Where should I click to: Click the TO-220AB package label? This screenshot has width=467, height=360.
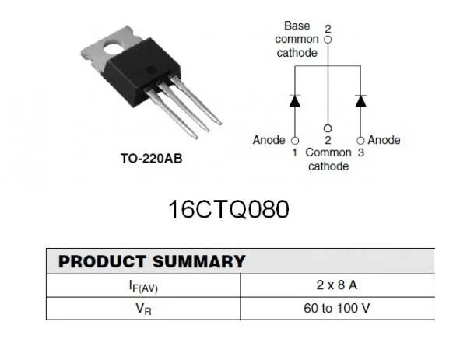click(151, 159)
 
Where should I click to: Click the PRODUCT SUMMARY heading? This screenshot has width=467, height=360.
click(152, 261)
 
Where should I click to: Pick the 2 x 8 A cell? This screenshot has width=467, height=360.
click(336, 285)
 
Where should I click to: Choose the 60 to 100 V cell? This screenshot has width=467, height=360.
click(336, 309)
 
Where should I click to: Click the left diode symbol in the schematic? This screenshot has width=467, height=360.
click(294, 101)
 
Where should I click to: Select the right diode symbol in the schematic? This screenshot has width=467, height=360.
click(360, 101)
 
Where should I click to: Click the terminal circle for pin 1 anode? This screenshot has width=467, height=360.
click(294, 140)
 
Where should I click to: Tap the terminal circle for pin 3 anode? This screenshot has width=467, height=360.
click(360, 140)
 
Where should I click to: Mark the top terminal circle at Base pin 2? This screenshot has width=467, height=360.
click(328, 38)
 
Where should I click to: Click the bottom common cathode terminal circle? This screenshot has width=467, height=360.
click(328, 128)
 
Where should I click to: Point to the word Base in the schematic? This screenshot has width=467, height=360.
click(297, 26)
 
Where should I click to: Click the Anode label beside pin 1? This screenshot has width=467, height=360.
click(269, 140)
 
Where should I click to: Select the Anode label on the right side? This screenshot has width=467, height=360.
click(384, 140)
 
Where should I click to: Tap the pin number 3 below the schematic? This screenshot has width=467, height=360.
click(360, 153)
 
